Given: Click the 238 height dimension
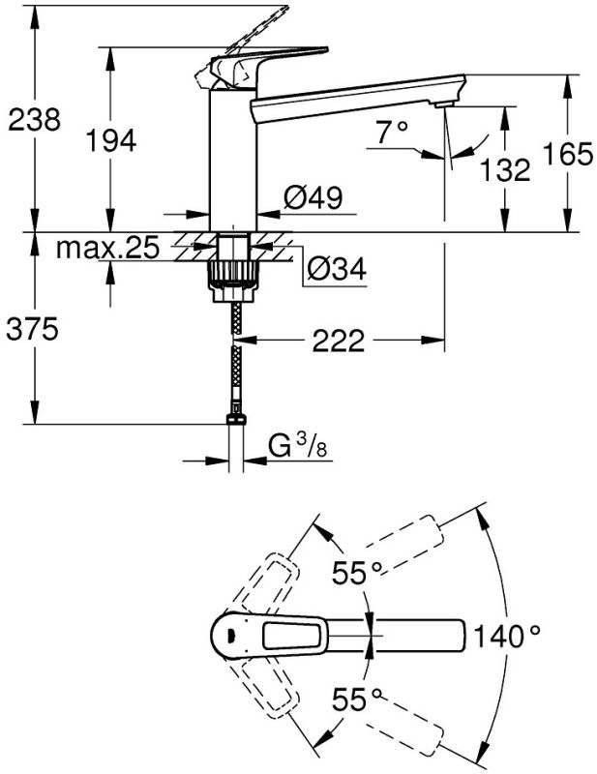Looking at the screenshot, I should coord(33,119).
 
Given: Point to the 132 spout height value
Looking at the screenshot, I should coord(505,170).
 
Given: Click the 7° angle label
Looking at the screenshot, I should coord(394,133).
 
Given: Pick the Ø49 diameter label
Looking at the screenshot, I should coord(313,199).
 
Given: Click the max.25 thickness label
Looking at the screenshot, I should coord(106,249).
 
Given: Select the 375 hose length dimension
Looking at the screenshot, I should coord(33,330).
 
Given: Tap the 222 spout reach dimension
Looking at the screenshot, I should coord(338,341).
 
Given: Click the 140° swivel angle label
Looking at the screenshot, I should coord(507,636).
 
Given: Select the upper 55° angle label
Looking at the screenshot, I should coord(356,573).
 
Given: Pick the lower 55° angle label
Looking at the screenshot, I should coord(356,698).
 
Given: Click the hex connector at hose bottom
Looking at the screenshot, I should coord(233,419).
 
